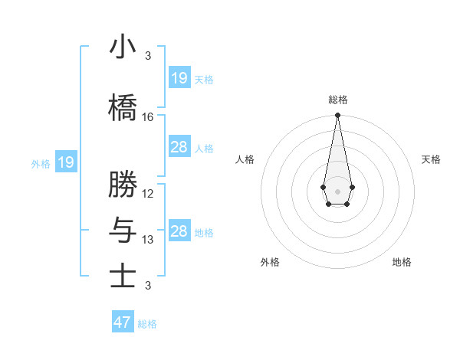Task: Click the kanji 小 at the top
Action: pos(123,47)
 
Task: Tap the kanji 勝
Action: pos(123,185)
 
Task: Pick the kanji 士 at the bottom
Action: pos(123,276)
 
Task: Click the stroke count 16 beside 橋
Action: pos(148,117)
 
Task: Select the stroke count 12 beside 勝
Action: pos(148,193)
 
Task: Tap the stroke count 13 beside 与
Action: pos(148,240)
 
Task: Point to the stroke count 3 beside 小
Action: pos(148,56)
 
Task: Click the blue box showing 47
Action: pos(123,322)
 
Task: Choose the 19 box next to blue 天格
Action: pos(179,78)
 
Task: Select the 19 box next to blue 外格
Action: pos(65,162)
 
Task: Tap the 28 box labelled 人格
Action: pos(179,147)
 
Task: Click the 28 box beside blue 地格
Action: pos(179,231)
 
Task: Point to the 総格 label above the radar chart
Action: pos(337,100)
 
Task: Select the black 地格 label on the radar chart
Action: pos(402,262)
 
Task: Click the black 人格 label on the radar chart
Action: pos(245,159)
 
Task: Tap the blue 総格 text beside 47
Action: pos(147,324)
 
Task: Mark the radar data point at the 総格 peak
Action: pos(337,116)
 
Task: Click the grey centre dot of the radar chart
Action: pos(337,190)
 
